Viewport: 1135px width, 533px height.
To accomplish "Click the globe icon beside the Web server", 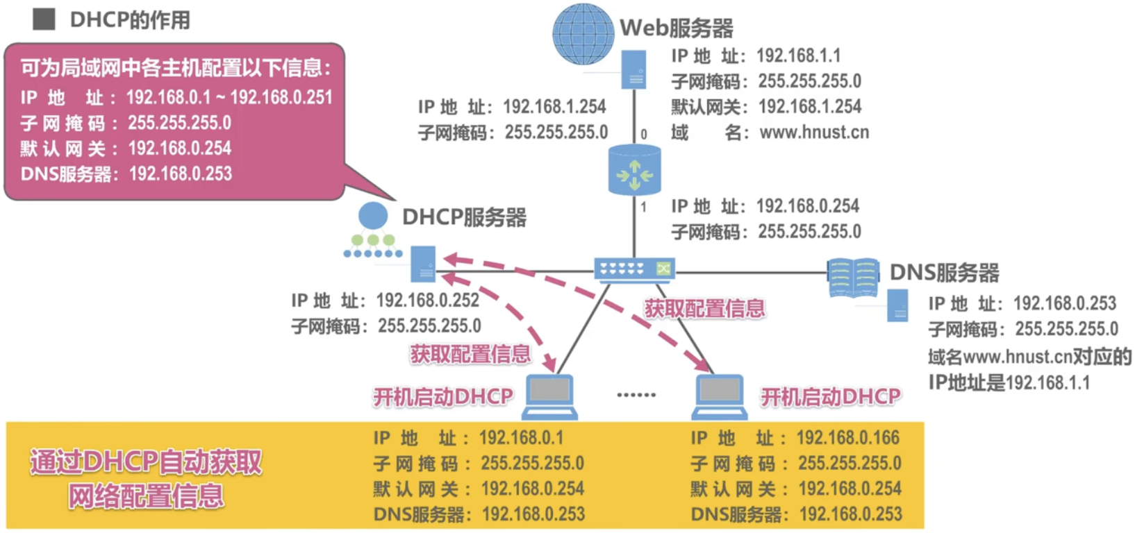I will click(583, 34).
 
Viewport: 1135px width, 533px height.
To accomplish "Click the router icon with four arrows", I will click(634, 171).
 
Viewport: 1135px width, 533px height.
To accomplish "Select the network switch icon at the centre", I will click(634, 269).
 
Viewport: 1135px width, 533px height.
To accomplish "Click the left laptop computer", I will click(549, 396).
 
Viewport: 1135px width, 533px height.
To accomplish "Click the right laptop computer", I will click(720, 396).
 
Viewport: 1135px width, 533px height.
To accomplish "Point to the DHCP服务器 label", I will click(464, 217).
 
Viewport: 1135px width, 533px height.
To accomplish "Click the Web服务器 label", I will click(676, 28).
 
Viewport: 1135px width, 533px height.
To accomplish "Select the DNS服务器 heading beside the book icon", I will click(944, 273).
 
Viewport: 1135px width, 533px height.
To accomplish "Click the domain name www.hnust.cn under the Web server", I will click(814, 132).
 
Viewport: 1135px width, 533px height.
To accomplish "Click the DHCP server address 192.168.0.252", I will click(427, 300).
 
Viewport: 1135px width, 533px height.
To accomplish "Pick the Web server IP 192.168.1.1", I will click(798, 56).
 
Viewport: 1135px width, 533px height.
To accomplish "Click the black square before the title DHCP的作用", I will click(44, 19).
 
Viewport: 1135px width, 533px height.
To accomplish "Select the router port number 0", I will click(644, 134).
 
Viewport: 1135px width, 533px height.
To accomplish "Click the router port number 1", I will click(644, 207).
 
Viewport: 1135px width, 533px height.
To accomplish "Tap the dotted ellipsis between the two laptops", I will click(636, 395).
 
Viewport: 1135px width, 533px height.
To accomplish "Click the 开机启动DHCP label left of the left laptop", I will click(443, 397).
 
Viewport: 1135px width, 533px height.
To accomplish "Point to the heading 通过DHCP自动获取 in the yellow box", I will click(146, 462).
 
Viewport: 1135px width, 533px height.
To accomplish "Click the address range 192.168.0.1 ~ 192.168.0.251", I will click(229, 97).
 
